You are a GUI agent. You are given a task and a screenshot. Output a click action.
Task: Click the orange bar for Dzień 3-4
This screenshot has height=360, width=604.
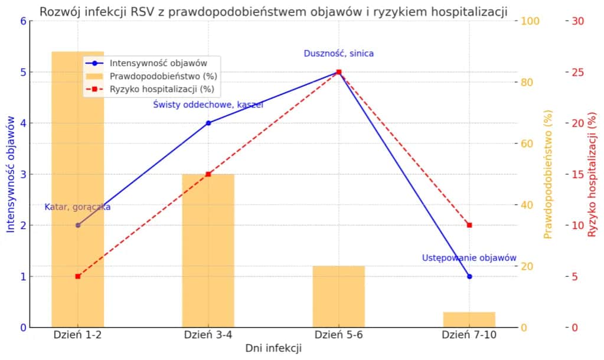pos(208,251)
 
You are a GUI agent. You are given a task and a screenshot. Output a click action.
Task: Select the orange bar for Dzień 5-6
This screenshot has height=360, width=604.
pos(339,297)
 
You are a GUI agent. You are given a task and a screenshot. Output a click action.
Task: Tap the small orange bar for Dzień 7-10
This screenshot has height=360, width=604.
pos(469,320)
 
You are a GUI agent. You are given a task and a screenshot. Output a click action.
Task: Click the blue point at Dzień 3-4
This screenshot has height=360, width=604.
pos(208,123)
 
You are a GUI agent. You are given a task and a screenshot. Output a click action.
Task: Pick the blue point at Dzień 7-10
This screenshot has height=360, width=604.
pos(469,276)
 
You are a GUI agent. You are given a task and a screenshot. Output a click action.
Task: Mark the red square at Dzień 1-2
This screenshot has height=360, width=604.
pos(78,276)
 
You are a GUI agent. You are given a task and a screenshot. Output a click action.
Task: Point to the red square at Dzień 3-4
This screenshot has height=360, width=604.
pos(208,174)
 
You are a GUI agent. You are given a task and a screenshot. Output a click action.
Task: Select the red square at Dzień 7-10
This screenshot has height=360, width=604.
pos(469,225)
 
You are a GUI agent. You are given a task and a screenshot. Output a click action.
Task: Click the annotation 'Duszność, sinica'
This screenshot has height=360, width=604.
pos(339,53)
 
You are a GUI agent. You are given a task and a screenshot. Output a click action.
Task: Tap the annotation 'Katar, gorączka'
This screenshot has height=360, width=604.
pos(78,207)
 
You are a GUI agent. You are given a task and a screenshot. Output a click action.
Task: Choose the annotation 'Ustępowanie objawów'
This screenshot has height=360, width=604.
pos(469,258)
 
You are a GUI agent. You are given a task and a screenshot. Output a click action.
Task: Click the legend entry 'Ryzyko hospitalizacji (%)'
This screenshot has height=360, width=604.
pos(161,90)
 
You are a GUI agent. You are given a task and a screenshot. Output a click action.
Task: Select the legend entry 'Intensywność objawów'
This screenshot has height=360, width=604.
pos(157,63)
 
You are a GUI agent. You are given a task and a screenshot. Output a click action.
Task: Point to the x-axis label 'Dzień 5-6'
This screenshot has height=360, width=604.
pos(339,335)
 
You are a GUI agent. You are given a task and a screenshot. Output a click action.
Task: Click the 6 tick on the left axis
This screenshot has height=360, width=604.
pos(23,21)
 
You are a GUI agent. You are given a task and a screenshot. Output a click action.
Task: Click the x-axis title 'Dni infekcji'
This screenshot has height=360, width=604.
pos(273,349)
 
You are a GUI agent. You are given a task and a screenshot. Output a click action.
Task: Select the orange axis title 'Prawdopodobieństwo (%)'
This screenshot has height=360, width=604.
pos(547,174)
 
